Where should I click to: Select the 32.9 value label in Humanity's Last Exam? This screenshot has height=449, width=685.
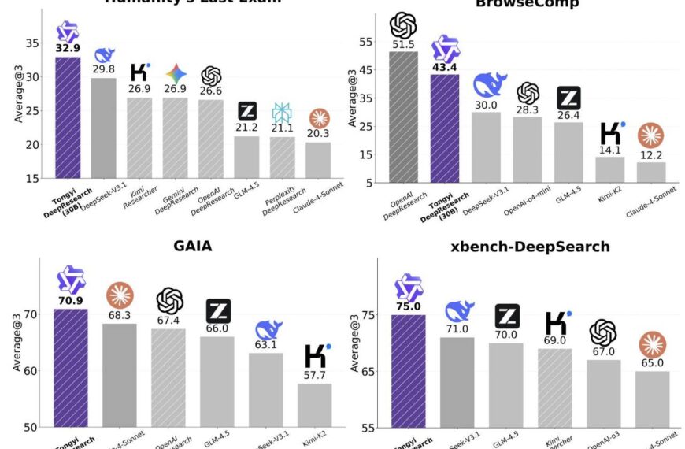tap(67, 48)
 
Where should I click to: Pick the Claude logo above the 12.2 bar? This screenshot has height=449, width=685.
tap(650, 135)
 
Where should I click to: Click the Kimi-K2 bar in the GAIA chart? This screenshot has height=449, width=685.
tap(315, 405)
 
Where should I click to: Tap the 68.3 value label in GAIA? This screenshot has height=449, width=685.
tap(120, 315)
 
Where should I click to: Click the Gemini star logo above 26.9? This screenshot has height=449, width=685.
tap(176, 75)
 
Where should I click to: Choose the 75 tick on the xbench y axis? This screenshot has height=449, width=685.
tap(365, 315)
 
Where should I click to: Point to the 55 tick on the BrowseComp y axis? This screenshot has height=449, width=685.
tap(365, 41)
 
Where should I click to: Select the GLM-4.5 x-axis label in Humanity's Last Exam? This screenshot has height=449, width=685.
tap(247, 191)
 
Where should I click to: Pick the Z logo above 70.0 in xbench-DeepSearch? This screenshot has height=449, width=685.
tap(508, 315)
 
